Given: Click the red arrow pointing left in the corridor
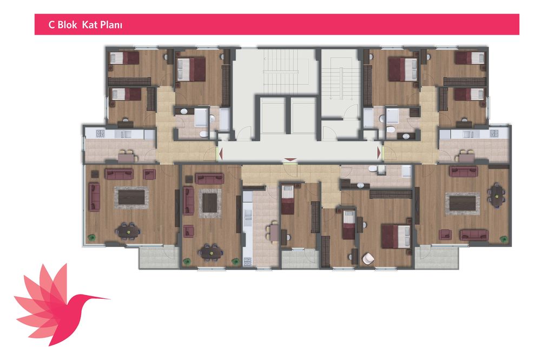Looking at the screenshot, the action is pyautogui.click(x=221, y=154).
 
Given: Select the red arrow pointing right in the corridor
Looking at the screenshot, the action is pyautogui.click(x=379, y=153).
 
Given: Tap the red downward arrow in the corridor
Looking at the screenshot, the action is pyautogui.click(x=291, y=160).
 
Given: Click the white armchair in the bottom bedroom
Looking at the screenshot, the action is pyautogui.click(x=368, y=258).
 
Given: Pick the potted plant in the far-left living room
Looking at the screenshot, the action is pyautogui.click(x=93, y=238).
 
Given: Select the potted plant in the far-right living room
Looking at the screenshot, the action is pyautogui.click(x=504, y=239).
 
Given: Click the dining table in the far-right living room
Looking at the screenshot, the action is pyautogui.click(x=497, y=195).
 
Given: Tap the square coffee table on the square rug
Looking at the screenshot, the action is pyautogui.click(x=210, y=203).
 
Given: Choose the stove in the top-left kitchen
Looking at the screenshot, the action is pyautogui.click(x=100, y=133).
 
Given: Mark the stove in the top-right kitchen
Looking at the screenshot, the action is pyautogui.click(x=494, y=133).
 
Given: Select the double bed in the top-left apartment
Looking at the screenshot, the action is pyautogui.click(x=191, y=69).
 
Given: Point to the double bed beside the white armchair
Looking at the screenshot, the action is pyautogui.click(x=397, y=236).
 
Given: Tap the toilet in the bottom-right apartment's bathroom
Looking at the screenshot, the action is pyautogui.click(x=373, y=168).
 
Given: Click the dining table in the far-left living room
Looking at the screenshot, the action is pyautogui.click(x=128, y=231).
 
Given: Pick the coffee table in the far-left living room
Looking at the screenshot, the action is pyautogui.click(x=131, y=198).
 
